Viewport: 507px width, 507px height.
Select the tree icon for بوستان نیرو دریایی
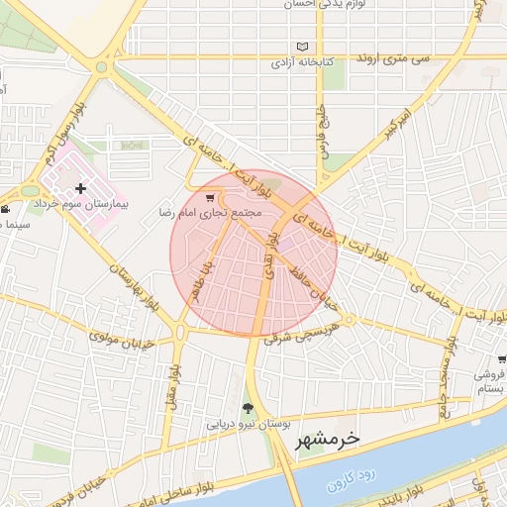247,407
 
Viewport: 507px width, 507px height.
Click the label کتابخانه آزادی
303,62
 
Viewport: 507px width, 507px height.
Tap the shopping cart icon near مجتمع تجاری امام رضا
208,197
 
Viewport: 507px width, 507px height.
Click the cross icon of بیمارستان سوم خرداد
81,188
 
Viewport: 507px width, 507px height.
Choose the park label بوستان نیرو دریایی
247,423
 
